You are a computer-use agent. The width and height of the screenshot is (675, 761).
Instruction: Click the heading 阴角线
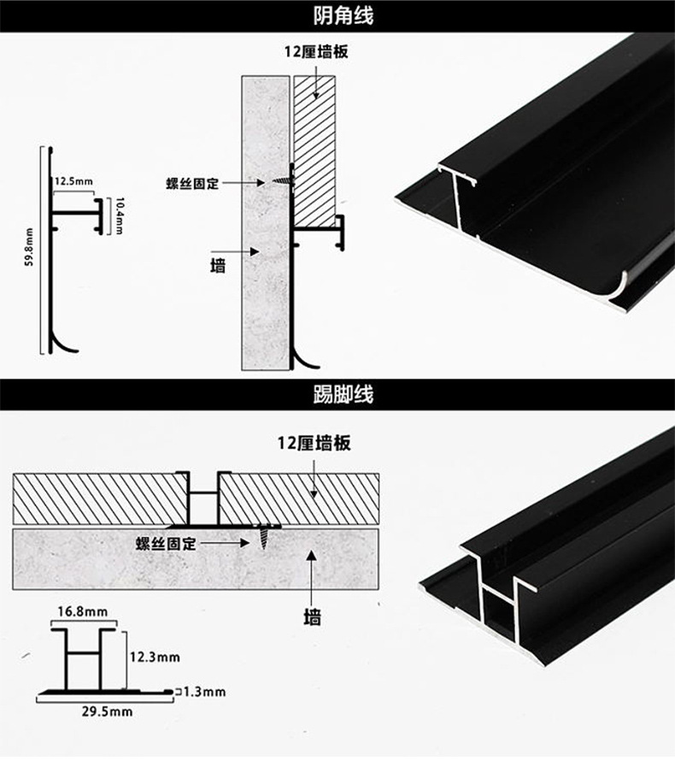337,15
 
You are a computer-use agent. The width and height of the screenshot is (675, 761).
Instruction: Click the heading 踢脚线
337,395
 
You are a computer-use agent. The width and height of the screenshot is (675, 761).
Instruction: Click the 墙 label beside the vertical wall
219,264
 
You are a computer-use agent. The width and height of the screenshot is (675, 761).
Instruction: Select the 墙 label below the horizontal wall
314,616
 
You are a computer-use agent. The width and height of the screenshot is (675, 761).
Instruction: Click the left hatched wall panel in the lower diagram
98,498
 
